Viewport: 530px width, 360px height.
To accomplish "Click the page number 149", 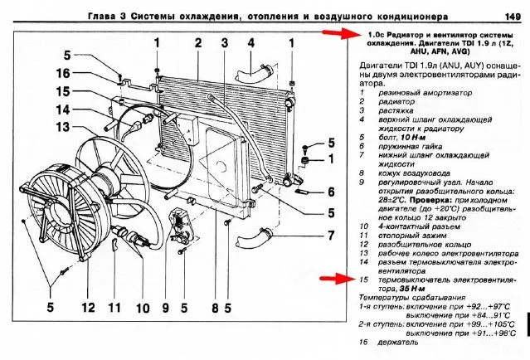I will [510, 16].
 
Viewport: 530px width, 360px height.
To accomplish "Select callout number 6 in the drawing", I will [329, 192].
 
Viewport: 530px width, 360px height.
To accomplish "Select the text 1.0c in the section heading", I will [374, 34].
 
